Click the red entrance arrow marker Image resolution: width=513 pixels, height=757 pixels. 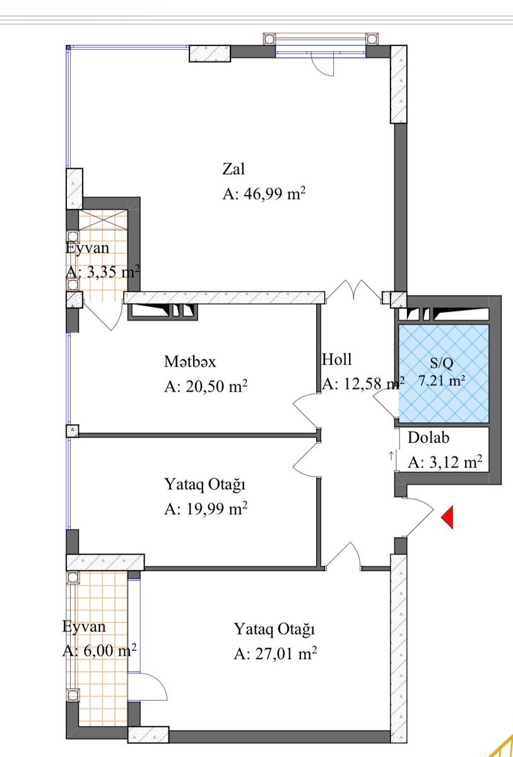click(447, 517)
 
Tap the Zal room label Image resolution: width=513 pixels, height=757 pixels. click(233, 169)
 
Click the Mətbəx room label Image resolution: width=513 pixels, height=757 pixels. click(190, 361)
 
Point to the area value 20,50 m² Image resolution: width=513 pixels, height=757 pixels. click(205, 387)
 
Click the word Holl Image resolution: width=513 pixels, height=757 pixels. click(336, 360)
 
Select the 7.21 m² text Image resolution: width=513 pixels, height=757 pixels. click(442, 381)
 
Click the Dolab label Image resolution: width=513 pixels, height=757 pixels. click(428, 438)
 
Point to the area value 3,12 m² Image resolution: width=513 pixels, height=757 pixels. click(445, 462)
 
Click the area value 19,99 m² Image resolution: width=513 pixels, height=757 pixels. click(205, 509)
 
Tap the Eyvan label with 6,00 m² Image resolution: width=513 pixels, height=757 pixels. click(84, 627)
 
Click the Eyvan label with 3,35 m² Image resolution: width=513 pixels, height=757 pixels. click(87, 247)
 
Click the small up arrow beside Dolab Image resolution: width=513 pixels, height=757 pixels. click(392, 455)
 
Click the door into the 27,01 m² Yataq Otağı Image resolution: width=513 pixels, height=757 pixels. click(344, 556)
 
